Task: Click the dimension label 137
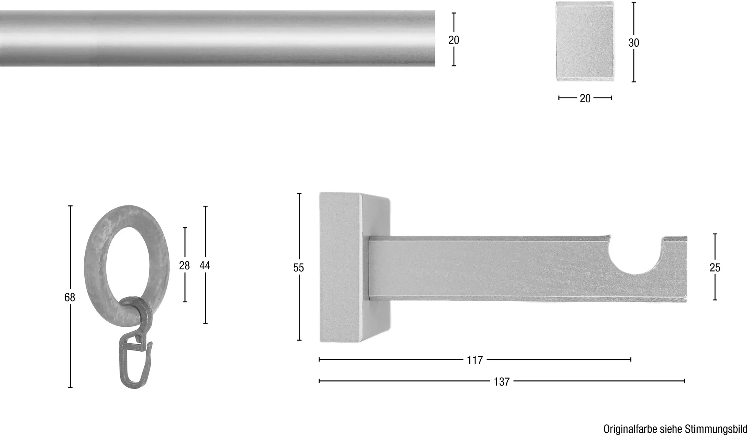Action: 501,382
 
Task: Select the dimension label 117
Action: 475,360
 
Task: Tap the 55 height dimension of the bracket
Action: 298,268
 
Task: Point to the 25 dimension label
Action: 715,268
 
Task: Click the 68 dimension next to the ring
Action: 70,298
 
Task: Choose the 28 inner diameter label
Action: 184,266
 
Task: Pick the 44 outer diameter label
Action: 205,266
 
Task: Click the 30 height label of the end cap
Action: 634,43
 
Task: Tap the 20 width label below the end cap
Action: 585,98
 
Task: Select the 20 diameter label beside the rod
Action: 454,40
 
